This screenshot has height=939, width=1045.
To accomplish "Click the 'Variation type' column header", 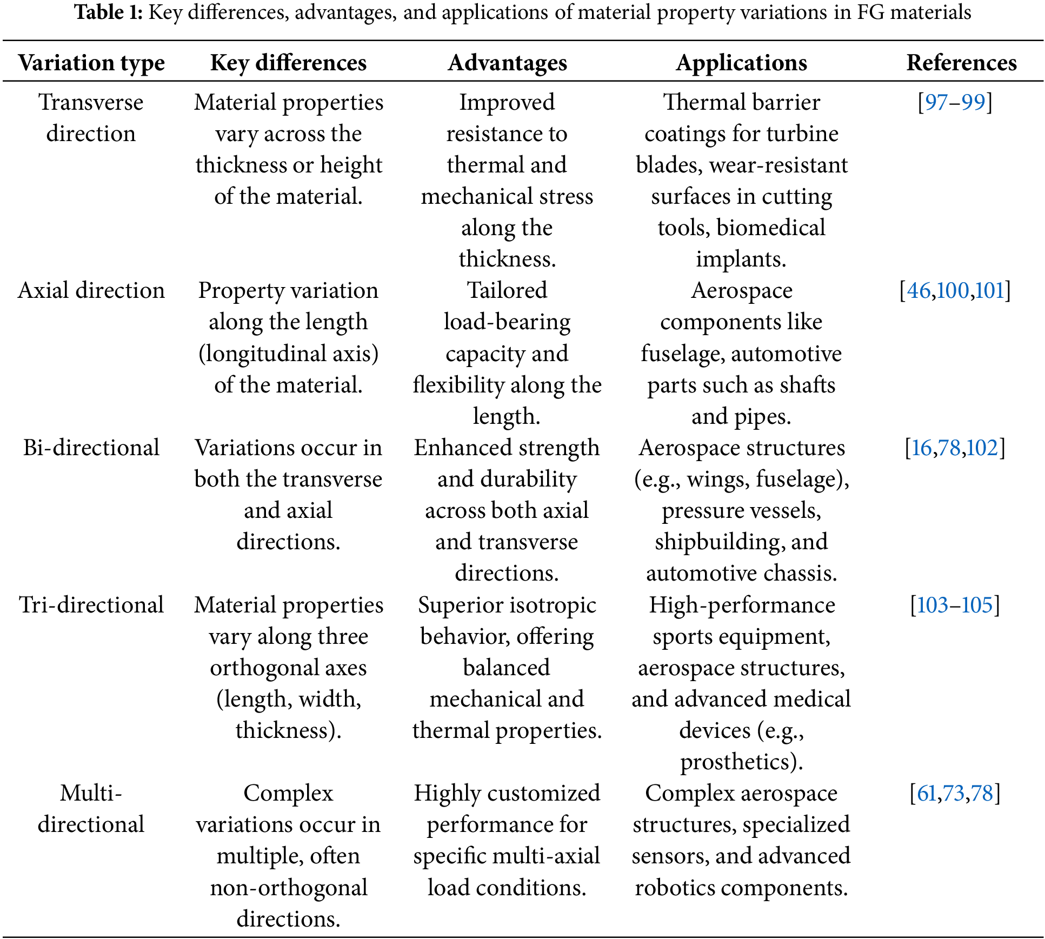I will click(91, 63).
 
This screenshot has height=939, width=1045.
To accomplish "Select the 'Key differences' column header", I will click(288, 63).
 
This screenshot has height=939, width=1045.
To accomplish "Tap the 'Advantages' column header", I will click(507, 63).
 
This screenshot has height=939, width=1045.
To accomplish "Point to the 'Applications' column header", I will click(741, 63).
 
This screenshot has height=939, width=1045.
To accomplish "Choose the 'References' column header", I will click(961, 63).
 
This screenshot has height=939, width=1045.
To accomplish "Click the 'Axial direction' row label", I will click(91, 291).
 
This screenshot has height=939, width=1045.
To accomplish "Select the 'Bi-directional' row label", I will click(91, 448).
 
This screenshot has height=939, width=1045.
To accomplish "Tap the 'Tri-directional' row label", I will click(91, 605).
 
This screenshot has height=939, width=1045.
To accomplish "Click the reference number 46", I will click(918, 291).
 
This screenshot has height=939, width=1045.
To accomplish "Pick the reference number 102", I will click(982, 448).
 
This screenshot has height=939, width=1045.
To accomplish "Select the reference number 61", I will click(927, 794).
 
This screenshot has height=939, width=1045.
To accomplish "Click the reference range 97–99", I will click(955, 102).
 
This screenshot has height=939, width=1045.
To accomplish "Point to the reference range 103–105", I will click(955, 605).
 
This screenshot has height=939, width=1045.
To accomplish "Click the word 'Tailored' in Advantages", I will click(507, 291).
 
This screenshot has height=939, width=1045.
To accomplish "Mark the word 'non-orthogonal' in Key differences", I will click(288, 888).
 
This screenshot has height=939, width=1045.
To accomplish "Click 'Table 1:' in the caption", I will click(108, 12).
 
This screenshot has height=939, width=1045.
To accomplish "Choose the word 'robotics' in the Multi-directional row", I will click(668, 888).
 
